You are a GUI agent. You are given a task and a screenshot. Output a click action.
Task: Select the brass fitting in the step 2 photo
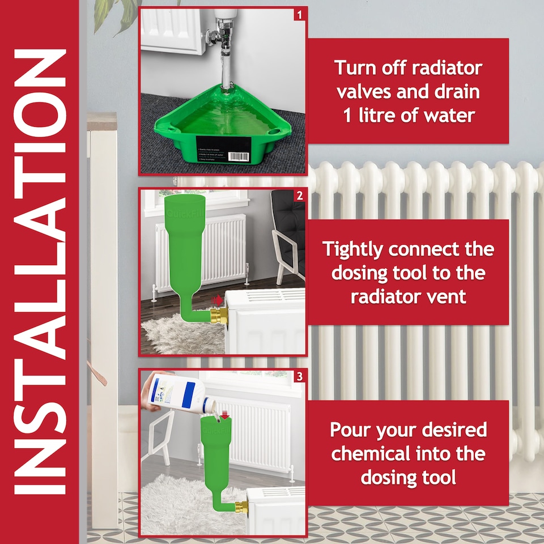point(218,317)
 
